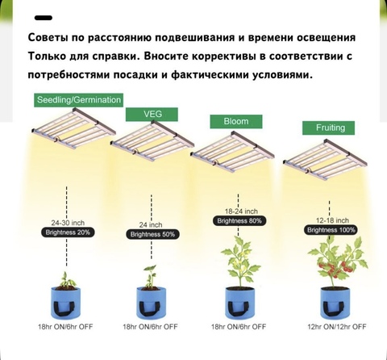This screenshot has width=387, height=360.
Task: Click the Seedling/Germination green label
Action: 78,100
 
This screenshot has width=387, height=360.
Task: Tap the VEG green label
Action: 152,115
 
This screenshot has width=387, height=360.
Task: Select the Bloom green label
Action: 236,122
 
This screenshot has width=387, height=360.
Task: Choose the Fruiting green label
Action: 328,128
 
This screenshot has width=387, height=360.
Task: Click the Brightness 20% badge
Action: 68,232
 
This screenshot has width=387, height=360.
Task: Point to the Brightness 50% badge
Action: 152,234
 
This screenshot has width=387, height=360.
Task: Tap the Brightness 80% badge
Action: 239,221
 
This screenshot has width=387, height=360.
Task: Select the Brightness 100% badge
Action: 331,230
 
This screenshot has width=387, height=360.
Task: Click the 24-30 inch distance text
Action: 68,223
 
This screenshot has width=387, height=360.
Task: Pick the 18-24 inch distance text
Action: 241,211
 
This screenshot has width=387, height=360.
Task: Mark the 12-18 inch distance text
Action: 332,220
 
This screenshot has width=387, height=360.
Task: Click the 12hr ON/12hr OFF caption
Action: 337,327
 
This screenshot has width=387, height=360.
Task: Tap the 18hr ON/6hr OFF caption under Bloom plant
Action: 239,327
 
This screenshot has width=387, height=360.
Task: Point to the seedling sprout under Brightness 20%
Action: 66,280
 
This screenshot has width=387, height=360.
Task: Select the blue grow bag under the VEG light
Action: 151,303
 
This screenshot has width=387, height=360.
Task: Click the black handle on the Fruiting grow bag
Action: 333,308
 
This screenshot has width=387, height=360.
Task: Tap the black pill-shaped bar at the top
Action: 44,18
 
